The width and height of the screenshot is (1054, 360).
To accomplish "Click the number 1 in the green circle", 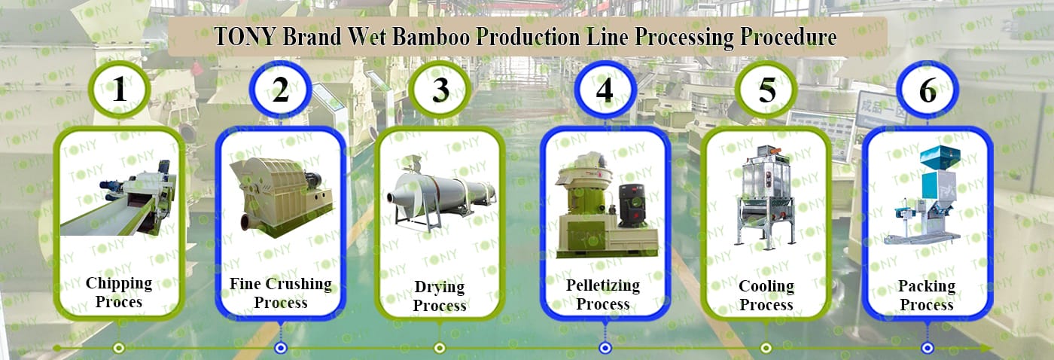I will click(120, 90).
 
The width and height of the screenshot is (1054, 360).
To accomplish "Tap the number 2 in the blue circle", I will click(281, 90).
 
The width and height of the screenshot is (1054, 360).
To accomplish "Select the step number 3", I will click(441, 90).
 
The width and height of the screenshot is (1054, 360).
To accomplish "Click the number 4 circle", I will click(605, 90).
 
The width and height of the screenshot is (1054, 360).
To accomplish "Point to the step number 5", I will click(766, 90).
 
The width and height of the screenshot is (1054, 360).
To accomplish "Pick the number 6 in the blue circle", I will click(928, 90).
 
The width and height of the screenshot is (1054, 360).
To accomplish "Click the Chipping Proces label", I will click(119, 292).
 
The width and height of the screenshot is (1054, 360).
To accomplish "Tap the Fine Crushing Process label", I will click(281, 293).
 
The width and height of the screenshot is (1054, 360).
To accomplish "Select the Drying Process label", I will click(440, 296).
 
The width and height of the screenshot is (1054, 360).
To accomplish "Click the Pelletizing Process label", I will click(603, 294).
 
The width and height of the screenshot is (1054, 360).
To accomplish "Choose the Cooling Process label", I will click(766, 295).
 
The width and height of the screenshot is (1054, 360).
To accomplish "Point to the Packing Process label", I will click(927, 295).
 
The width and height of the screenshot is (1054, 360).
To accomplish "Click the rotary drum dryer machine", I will click(440, 192).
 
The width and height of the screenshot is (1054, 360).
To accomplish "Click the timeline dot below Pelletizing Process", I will click(605, 348).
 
